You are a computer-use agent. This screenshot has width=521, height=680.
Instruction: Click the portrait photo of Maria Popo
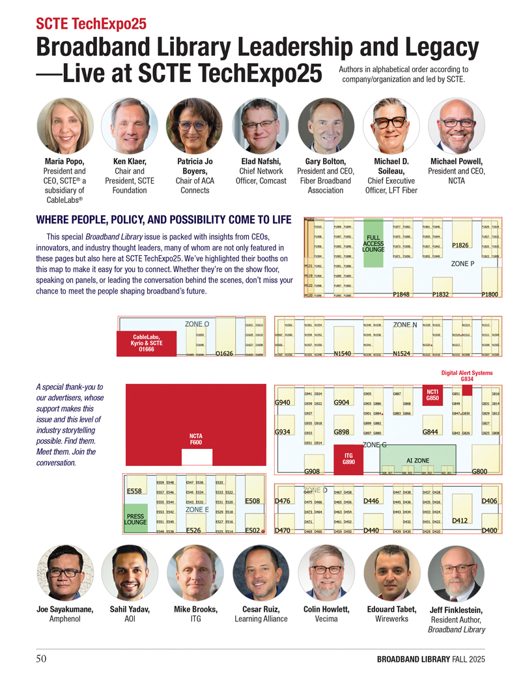65,126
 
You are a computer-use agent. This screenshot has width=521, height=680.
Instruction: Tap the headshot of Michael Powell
456,126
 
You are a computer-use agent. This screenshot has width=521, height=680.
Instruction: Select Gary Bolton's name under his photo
326,162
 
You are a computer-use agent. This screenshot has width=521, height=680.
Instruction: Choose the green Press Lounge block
135,519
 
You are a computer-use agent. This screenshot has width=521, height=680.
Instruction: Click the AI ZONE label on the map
417,460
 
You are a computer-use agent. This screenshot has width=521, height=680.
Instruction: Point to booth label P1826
460,245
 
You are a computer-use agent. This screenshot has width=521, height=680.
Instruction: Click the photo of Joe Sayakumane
65,573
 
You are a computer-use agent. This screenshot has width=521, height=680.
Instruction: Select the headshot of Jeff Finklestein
457,573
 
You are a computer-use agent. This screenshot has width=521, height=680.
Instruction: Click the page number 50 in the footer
41,659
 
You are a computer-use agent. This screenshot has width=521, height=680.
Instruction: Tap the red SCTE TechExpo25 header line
91,24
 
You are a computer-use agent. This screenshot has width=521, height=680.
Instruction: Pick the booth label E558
135,491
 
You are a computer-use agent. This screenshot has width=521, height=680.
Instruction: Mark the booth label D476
283,501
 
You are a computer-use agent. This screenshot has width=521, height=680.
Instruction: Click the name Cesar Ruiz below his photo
260,609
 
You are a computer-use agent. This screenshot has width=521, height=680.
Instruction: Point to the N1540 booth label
343,354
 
